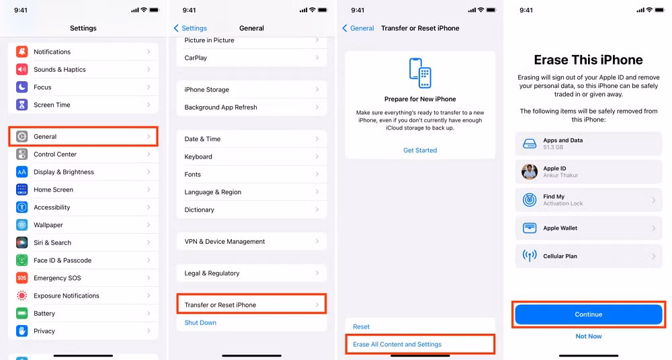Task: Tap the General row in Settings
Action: pos(83,136)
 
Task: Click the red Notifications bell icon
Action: pos(22,52)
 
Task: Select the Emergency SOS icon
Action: pos(22,278)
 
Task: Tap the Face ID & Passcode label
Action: pos(62,261)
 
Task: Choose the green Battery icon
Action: pos(22,314)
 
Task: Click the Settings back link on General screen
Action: pos(191,28)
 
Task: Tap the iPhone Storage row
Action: pos(251,90)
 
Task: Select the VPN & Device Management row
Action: pos(251,242)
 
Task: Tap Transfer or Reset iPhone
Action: pos(251,305)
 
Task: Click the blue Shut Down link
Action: pos(200,323)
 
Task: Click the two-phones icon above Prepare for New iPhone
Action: pos(420,73)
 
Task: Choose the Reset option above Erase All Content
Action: pos(362,327)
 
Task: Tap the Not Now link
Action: pos(589,336)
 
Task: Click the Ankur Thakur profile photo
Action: pos(530,172)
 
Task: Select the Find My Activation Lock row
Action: pos(589,200)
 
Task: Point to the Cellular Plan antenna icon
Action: pos(530,257)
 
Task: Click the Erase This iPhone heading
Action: pos(589,60)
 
